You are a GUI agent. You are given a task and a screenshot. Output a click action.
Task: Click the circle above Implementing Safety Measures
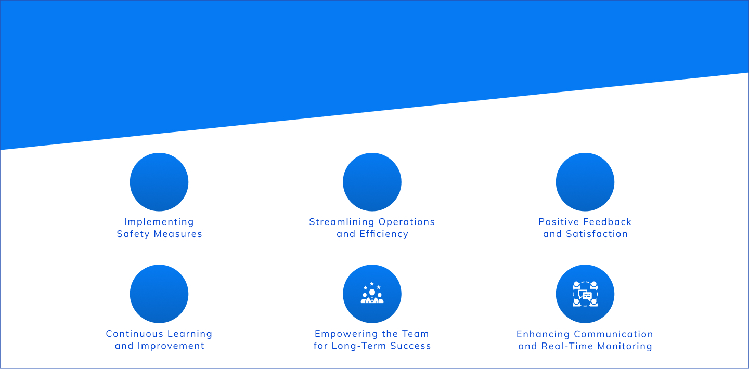159,182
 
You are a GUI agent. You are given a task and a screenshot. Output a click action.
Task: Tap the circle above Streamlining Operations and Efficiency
372,182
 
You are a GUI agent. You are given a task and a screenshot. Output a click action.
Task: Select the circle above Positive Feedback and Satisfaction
585,182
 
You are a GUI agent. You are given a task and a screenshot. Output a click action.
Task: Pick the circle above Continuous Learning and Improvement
159,294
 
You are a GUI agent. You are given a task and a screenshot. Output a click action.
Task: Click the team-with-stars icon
372,293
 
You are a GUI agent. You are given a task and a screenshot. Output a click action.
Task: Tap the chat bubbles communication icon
585,294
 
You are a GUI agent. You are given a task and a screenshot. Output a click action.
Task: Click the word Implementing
159,222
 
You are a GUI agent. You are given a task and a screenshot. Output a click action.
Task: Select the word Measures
178,234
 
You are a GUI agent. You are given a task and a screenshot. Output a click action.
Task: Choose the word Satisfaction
597,234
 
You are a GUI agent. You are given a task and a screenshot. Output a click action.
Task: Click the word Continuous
134,334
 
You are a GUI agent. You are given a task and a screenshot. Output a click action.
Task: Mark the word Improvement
171,346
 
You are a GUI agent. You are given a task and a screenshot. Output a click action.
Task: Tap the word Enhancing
543,334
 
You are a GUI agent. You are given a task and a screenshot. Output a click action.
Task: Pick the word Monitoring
625,347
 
